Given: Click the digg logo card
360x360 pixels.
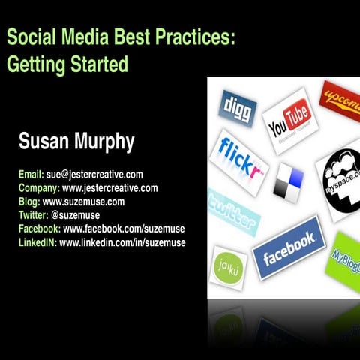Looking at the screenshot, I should (x=237, y=108).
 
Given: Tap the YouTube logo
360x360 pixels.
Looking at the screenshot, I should (x=289, y=119).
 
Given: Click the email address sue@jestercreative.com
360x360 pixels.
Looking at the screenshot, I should (x=94, y=175).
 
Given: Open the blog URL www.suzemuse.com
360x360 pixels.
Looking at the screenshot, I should (x=83, y=202).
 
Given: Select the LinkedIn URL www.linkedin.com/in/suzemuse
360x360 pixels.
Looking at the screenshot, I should (x=122, y=242).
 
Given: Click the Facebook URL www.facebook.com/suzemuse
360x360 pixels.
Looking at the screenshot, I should (x=124, y=229).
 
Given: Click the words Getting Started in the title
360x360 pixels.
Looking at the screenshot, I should (x=67, y=64).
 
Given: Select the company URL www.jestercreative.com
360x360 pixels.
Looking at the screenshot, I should (x=109, y=188).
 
